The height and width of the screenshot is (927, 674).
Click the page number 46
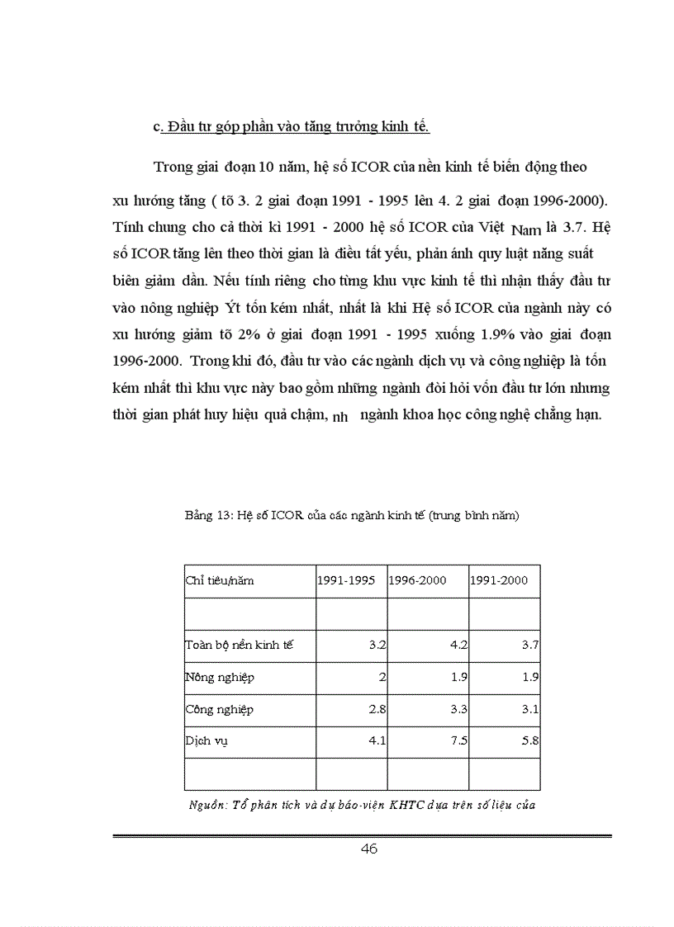tap(369, 849)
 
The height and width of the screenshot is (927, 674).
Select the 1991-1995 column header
tap(346, 580)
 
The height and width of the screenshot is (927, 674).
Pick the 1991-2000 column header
tap(499, 580)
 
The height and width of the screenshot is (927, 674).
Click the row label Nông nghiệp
tap(219, 678)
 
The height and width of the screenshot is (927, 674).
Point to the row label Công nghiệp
tap(219, 709)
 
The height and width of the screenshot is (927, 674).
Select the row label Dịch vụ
tap(206, 740)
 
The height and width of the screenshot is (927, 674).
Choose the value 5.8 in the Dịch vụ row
tap(530, 740)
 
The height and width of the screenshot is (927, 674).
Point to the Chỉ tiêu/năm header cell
tap(219, 580)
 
